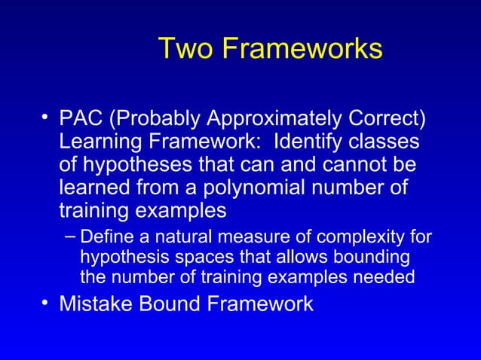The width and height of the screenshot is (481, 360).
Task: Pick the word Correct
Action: [x=387, y=120]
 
